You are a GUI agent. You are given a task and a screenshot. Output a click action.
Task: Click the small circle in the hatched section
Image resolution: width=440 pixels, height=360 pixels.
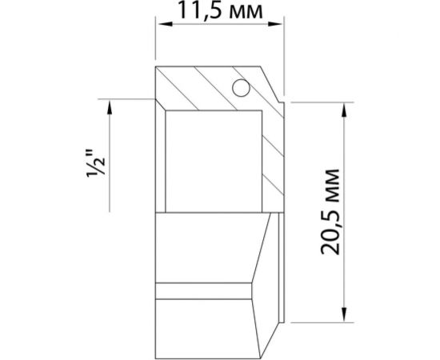[238, 88]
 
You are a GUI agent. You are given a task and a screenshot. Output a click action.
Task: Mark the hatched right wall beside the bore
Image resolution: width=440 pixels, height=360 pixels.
[272, 160]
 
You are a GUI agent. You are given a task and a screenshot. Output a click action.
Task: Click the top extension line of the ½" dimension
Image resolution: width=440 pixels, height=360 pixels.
[128, 98]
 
